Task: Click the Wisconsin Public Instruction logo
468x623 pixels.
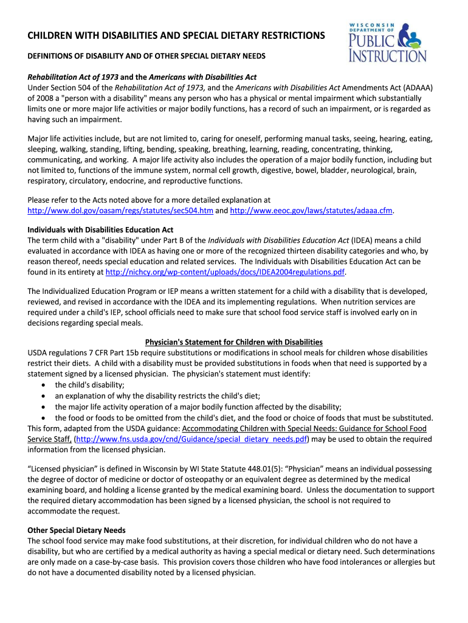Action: [x=387, y=41]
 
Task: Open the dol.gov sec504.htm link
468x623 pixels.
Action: [x=121, y=211]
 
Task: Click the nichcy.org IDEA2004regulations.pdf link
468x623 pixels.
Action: [x=225, y=272]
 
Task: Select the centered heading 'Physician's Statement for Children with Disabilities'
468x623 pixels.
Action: [x=233, y=342]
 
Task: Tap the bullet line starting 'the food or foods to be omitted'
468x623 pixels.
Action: [x=244, y=418]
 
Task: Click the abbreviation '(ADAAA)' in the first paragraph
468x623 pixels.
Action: [x=416, y=88]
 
